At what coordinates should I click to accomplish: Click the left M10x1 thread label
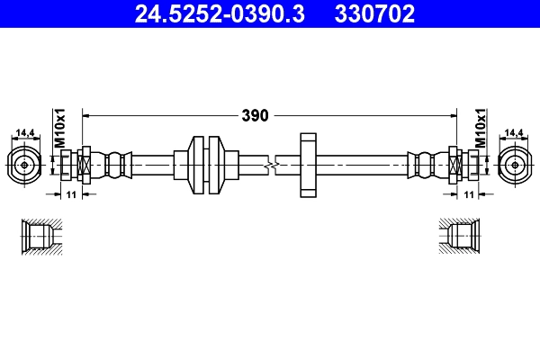tap(61, 129)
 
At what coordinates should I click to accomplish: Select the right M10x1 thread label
tap(480, 129)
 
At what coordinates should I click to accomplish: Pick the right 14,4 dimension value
tap(514, 133)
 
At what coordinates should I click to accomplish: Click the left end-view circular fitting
tap(23, 166)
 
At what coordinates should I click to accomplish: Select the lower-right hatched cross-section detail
tap(457, 236)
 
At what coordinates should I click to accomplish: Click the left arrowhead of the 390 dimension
tap(87, 115)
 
